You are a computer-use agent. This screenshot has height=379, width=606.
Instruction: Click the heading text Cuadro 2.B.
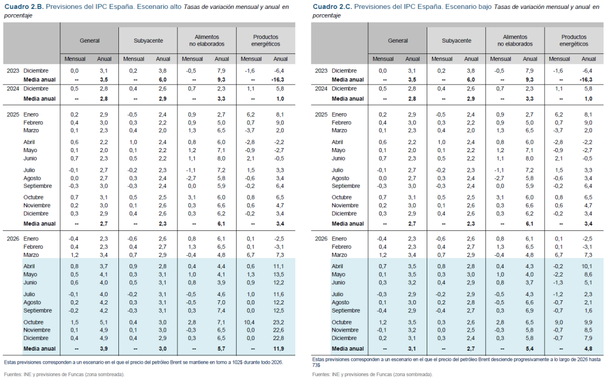(23, 7)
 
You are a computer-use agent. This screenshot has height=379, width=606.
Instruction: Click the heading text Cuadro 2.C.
(331, 7)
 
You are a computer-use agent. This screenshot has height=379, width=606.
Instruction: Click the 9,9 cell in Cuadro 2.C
(588, 322)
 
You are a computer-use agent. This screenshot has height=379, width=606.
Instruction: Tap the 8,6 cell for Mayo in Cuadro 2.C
(588, 274)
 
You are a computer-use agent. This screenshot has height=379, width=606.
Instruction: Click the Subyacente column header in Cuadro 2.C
(456, 41)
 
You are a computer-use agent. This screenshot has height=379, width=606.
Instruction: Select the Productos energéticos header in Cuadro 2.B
(266, 40)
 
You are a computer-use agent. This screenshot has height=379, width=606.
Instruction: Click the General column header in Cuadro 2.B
(89, 41)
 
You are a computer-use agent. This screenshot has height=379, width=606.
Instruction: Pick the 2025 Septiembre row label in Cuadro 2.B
(38, 185)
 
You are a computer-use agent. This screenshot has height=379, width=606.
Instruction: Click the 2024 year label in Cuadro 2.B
(13, 88)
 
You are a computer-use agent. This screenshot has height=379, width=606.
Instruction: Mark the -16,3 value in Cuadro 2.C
(586, 79)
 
